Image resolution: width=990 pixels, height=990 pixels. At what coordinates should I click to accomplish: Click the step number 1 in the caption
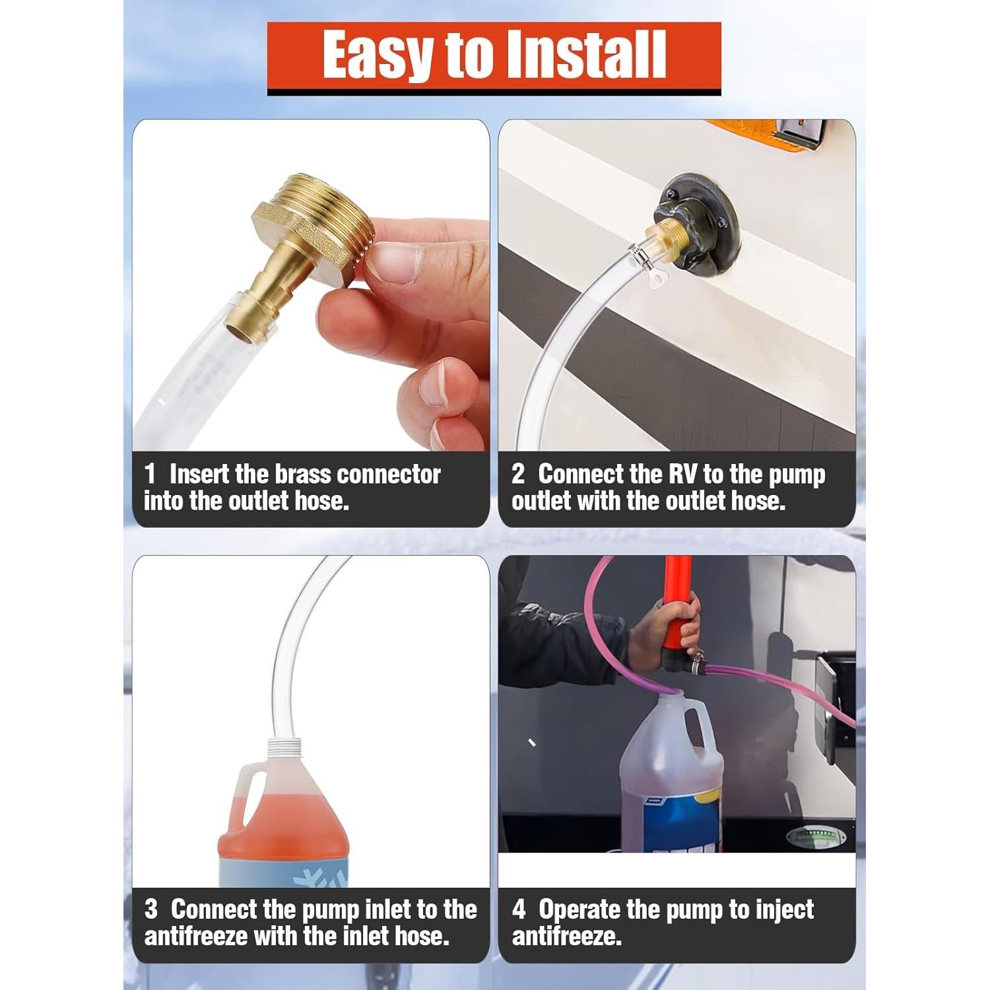pos(150,474)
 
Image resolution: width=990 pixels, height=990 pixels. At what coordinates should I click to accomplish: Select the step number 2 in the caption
pos(518,474)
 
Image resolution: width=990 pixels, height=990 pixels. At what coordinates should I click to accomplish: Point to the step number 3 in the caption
pos(151,909)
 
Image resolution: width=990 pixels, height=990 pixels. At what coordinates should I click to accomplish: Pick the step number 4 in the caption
pos(519,909)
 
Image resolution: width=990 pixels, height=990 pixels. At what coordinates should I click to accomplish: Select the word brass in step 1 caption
pos(304,474)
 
